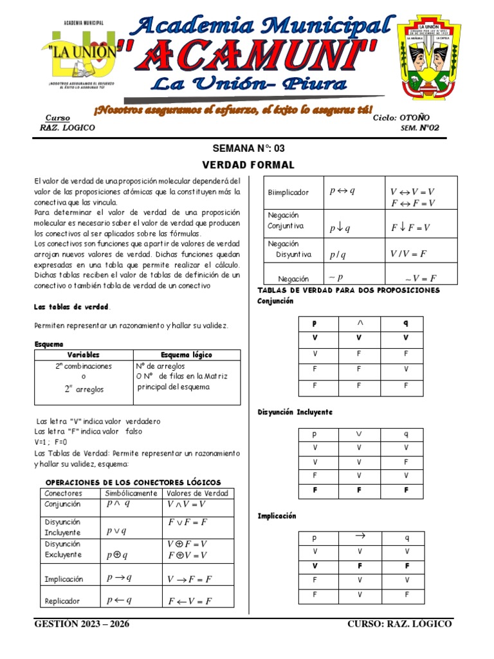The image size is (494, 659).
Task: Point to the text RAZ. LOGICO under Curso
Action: pos(68,127)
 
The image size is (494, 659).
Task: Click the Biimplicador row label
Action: pos(289,192)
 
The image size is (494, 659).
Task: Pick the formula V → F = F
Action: pos(190,579)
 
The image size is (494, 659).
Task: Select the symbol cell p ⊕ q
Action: pos(117,555)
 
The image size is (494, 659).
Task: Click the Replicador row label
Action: pos(62,601)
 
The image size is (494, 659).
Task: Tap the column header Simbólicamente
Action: pos(131,493)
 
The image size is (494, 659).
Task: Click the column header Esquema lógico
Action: pos(187,355)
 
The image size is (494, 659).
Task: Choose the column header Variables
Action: pos(84,355)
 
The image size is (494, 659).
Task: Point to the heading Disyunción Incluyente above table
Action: pos(295,412)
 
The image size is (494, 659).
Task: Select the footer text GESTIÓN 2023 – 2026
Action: pos(87,624)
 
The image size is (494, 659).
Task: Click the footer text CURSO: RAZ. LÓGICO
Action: pos(399,624)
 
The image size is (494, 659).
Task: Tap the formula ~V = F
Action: pos(421,279)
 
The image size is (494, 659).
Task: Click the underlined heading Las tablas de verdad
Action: pos(72,306)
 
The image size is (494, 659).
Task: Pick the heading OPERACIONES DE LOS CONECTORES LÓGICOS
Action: pos(133,482)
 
